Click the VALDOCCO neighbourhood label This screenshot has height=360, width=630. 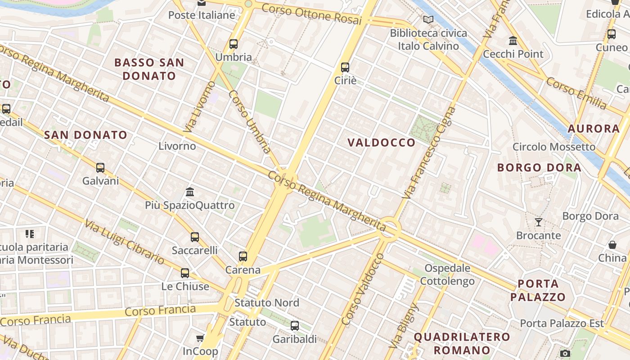point(382,143)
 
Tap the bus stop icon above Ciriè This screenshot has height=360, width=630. point(345,67)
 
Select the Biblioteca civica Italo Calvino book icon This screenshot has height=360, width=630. point(428,20)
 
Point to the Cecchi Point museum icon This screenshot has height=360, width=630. point(513,41)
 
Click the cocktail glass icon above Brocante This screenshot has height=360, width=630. point(538,222)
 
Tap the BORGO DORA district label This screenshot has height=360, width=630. point(539,168)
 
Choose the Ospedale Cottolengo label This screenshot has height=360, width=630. point(447,275)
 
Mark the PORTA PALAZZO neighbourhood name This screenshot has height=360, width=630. point(538,290)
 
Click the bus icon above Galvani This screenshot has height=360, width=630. point(100,168)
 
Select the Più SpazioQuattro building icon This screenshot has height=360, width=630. point(190,192)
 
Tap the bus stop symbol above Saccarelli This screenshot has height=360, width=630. point(195,237)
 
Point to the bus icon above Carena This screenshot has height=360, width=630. point(243,256)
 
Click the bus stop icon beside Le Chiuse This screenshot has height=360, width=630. point(185,273)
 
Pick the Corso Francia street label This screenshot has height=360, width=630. point(160,311)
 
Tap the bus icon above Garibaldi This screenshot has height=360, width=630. point(295,326)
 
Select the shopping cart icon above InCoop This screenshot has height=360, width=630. point(200,338)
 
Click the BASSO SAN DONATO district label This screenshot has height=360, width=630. point(149,69)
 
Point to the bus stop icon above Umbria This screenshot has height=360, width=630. point(234,44)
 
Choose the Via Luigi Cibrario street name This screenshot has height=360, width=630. point(125,242)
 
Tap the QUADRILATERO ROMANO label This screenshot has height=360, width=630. point(462,343)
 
